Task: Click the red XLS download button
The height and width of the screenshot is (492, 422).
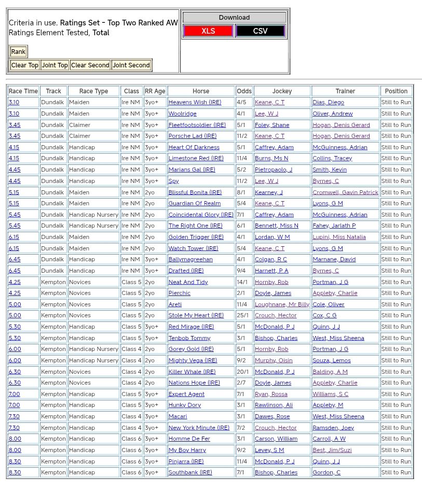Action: point(208,31)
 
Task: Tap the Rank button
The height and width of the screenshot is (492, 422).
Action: point(18,52)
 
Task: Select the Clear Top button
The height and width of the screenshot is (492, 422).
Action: point(25,65)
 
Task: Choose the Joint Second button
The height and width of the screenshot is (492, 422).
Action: point(131,65)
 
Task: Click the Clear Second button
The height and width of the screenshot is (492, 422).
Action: point(90,65)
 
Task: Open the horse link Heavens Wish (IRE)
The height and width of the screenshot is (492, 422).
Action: point(195,103)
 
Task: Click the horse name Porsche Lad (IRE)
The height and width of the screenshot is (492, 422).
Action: point(192,136)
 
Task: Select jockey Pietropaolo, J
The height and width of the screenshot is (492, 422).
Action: point(273,170)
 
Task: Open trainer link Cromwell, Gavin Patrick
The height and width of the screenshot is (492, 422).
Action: point(345,192)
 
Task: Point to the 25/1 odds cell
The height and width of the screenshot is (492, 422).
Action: point(243,316)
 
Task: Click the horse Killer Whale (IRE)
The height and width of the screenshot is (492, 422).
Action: point(192,372)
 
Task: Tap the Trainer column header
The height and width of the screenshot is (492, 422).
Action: point(345,91)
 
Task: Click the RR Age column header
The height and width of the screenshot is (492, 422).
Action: point(155,91)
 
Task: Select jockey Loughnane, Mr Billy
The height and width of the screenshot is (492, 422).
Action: point(282,305)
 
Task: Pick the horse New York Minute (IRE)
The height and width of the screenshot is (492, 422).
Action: point(199,428)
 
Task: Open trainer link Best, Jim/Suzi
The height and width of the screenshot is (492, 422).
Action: point(332,451)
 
